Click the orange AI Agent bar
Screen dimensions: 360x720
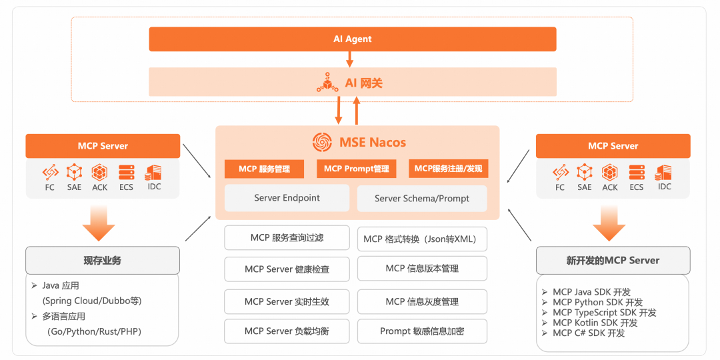coord(352,39)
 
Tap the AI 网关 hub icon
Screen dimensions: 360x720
coord(327,83)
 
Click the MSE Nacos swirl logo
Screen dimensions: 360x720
coord(323,142)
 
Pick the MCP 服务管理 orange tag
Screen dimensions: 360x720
coord(265,169)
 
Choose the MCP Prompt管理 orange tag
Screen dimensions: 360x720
coord(357,169)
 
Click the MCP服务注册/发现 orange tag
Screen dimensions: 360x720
coord(449,169)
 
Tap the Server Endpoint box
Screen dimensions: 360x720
coord(287,198)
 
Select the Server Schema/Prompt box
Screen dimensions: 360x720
coord(422,199)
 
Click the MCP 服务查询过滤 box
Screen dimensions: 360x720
coord(287,237)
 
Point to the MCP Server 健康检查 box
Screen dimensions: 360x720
coord(287,269)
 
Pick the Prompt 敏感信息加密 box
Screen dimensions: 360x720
coord(422,331)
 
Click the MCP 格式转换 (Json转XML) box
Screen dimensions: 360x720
coord(422,239)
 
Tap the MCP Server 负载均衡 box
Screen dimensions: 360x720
coord(287,331)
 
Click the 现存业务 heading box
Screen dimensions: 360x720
coord(103,260)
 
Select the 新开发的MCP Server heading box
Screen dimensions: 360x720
coord(613,260)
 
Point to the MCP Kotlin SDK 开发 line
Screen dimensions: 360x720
coord(595,323)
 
